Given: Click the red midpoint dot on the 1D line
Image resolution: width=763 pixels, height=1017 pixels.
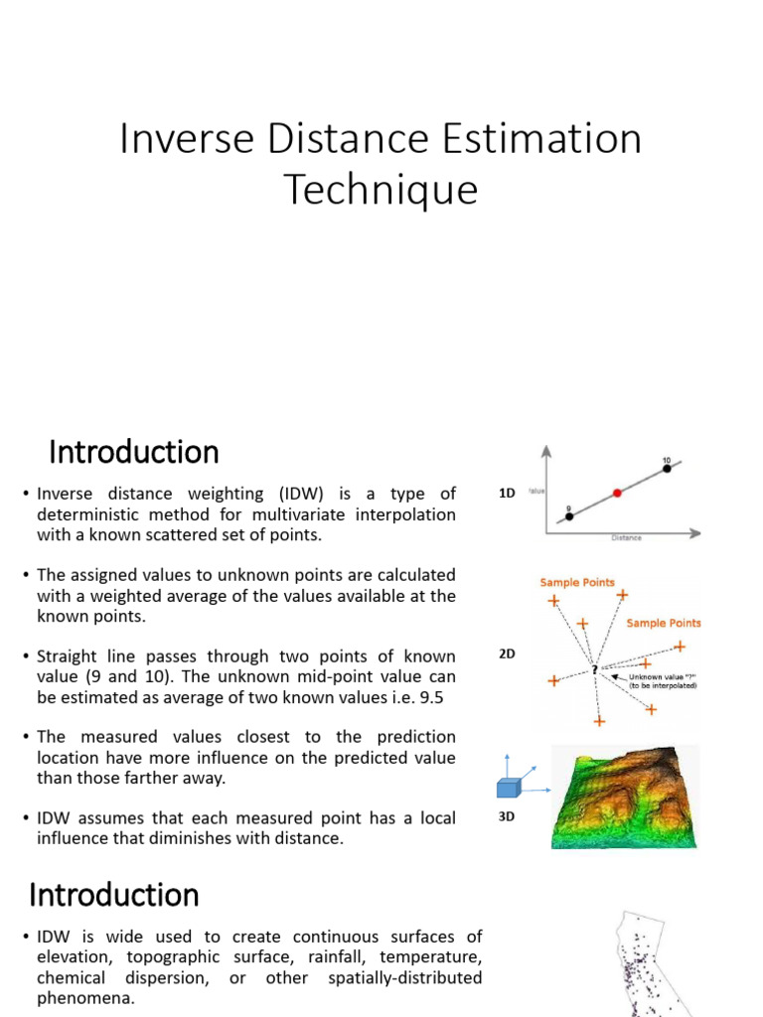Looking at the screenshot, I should tap(617, 493).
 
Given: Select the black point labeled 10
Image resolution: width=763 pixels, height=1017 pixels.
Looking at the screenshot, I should tap(667, 468).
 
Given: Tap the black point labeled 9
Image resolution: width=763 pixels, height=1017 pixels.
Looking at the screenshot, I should tap(569, 516).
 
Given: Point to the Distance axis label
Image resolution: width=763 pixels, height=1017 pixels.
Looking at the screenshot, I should tap(625, 538).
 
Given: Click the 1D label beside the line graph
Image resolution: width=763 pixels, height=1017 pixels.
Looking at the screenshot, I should tap(507, 493).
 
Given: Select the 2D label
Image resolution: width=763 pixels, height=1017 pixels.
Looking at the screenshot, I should tap(507, 654).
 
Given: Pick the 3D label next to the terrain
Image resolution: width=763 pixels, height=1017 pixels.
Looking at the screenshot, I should tap(507, 818).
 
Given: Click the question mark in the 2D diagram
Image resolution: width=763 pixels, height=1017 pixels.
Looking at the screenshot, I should tap(595, 669).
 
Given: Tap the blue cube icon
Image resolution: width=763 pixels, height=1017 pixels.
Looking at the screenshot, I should tap(509, 789).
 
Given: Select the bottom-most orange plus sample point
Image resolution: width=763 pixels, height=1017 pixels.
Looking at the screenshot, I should tap(597, 721).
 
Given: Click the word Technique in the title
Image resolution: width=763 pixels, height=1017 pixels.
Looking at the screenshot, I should tap(381, 189).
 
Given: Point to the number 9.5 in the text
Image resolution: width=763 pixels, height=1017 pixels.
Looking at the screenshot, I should tap(429, 697).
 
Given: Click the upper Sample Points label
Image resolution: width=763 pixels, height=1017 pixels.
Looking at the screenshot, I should tap(577, 582).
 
